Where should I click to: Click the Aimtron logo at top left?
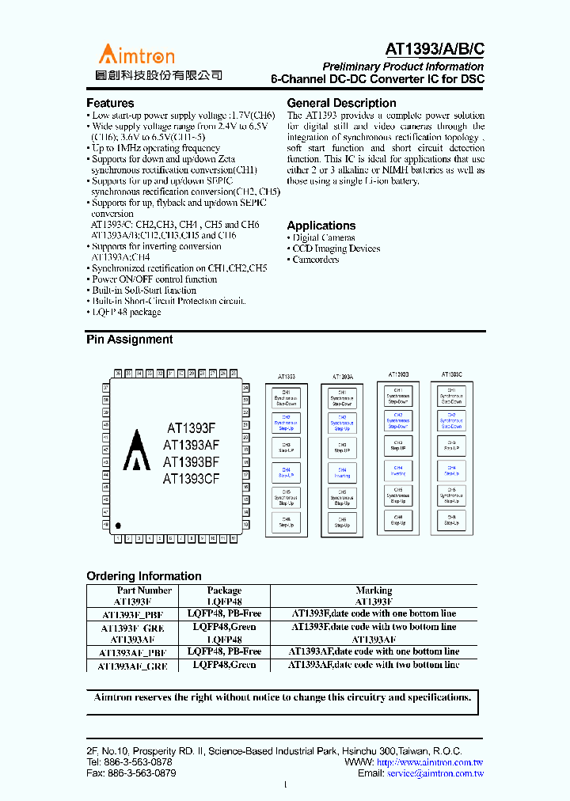point(136,54)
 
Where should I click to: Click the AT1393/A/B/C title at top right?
point(435,48)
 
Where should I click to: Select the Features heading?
point(110,103)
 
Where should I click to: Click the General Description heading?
point(341,103)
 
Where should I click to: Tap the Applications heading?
point(321,226)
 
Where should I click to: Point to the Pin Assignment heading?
point(129,340)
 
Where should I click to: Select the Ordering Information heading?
point(143,576)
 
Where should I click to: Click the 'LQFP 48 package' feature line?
point(126,312)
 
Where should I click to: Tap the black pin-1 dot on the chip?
point(118,524)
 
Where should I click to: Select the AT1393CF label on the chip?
point(191,479)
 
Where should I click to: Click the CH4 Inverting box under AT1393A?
point(342,473)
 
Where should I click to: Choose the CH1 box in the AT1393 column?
point(286,397)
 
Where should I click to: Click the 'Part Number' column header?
point(144,590)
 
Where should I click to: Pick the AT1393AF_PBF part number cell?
point(132,652)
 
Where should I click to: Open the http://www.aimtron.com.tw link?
point(431,762)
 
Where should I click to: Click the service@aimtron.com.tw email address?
point(435,773)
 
